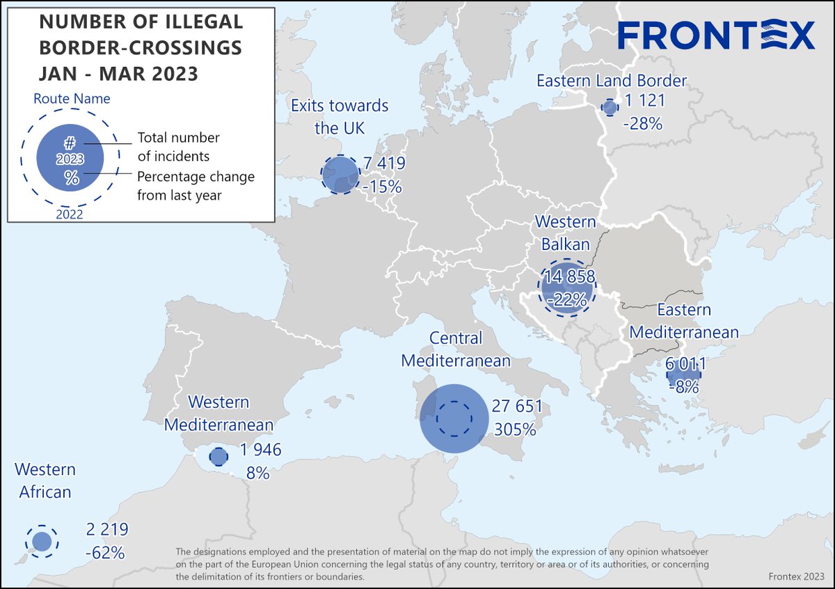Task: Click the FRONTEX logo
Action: pyautogui.click(x=716, y=35)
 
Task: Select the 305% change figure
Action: pyautogui.click(x=515, y=430)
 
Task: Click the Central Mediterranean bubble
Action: pyautogui.click(x=453, y=418)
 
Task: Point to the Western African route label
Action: pyautogui.click(x=45, y=481)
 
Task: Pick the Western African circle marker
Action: pyautogui.click(x=42, y=541)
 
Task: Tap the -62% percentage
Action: pyautogui.click(x=105, y=553)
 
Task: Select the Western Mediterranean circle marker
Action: pyautogui.click(x=218, y=457)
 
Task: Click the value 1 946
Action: pyautogui.click(x=257, y=450)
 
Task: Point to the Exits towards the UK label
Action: pyautogui.click(x=340, y=117)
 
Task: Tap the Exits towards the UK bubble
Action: pyautogui.click(x=340, y=174)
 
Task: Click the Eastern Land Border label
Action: pyautogui.click(x=612, y=81)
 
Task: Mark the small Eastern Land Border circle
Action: pyautogui.click(x=610, y=108)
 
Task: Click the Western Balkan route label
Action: pyautogui.click(x=565, y=233)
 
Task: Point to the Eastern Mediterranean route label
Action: pyautogui.click(x=684, y=321)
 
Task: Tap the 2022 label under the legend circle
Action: pyautogui.click(x=69, y=214)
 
